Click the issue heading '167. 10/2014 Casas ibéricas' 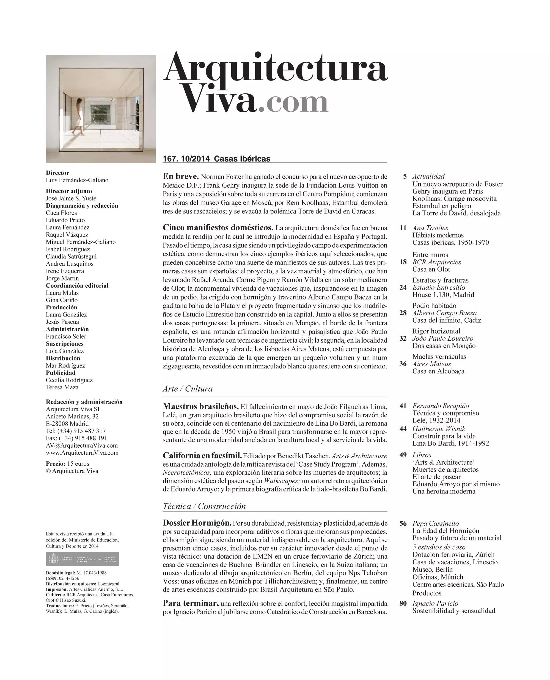(216, 159)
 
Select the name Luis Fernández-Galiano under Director (77, 180)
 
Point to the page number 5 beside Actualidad (405, 176)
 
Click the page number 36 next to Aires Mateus (403, 364)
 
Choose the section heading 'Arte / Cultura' (188, 388)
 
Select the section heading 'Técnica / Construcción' (204, 506)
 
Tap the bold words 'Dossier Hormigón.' (197, 523)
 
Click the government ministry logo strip (82, 559)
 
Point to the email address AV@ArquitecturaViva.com (82, 445)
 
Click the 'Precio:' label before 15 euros (56, 463)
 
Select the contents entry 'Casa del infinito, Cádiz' (446, 320)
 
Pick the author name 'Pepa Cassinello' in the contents (435, 523)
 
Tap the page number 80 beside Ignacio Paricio (403, 603)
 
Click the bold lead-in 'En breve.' (181, 176)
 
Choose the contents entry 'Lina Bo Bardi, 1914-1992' (450, 443)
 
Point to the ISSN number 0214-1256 (69, 578)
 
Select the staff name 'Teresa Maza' (62, 387)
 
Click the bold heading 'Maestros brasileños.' (200, 406)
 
